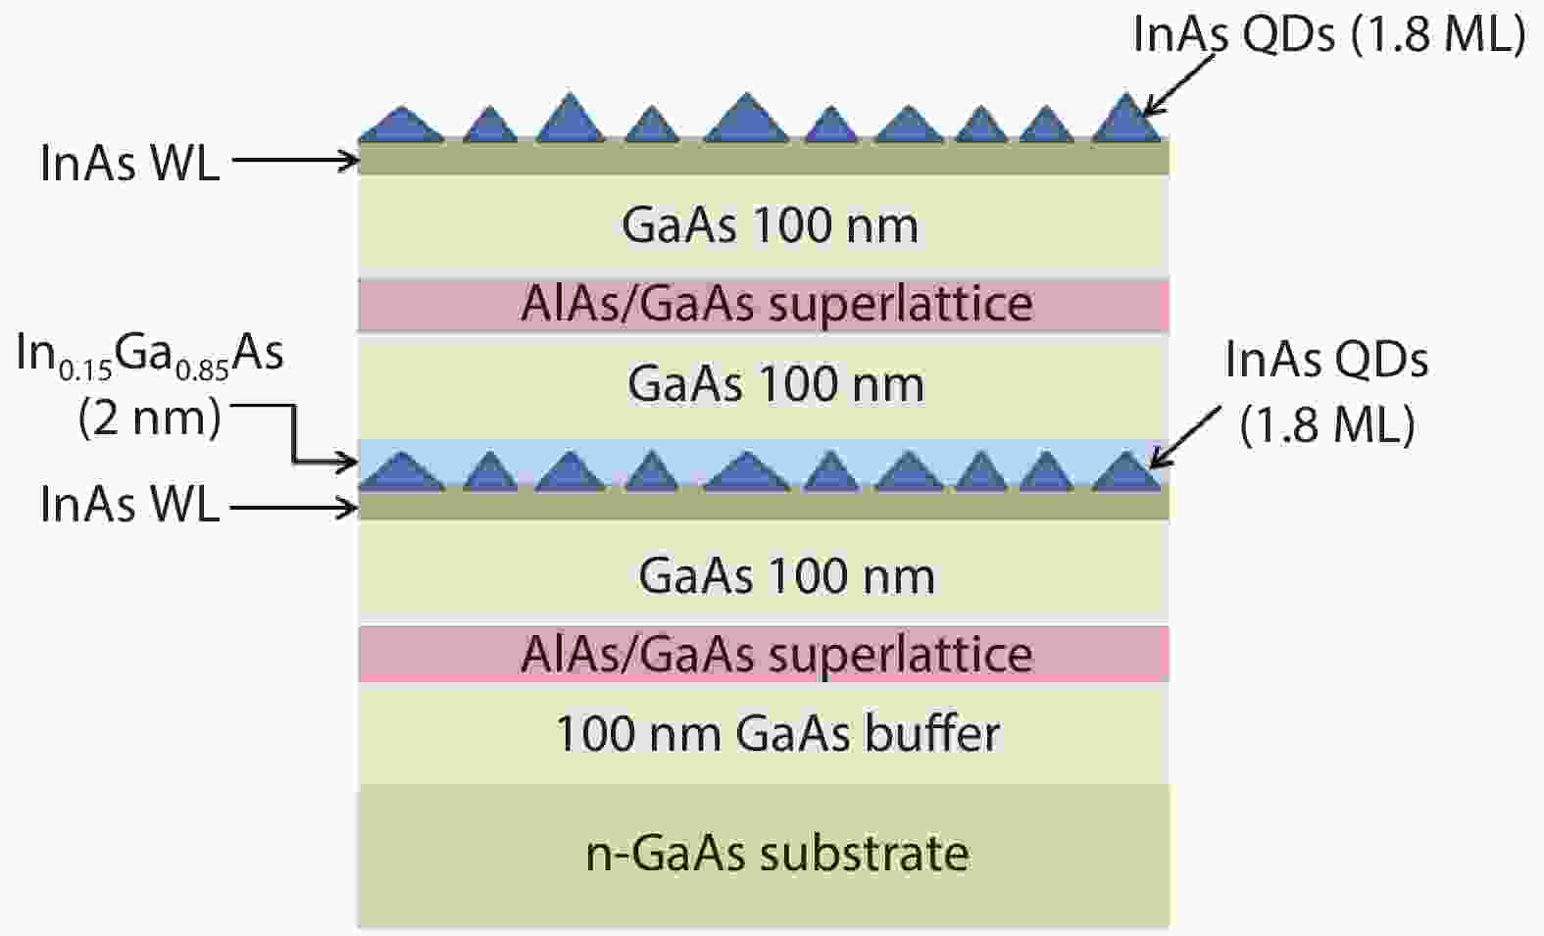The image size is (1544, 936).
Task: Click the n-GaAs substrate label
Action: [x=777, y=855]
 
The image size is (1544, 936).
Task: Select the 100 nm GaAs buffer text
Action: [x=777, y=734]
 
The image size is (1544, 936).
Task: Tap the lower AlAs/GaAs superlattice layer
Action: [x=764, y=654]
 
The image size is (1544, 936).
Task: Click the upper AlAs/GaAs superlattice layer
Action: [x=764, y=305]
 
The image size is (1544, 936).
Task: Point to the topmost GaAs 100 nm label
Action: [x=770, y=225]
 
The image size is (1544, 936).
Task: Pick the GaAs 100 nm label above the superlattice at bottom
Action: [x=786, y=576]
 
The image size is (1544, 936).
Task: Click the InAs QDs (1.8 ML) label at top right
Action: [x=1329, y=34]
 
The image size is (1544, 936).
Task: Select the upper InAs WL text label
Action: [x=130, y=164]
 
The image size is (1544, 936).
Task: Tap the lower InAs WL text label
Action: [x=130, y=504]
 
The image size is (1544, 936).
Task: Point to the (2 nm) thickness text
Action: [x=150, y=418]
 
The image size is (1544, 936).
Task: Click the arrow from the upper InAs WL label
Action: [x=296, y=161]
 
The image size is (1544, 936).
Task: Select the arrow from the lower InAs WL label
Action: [x=294, y=509]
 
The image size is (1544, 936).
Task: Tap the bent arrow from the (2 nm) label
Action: [x=294, y=433]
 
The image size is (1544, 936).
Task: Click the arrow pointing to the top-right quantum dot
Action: [x=1176, y=84]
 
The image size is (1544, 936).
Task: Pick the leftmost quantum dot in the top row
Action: [x=402, y=124]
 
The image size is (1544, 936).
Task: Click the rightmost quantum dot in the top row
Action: [x=1127, y=118]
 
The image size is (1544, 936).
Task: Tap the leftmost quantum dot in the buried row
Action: [x=402, y=472]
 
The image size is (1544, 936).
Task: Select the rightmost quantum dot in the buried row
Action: [x=1127, y=471]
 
